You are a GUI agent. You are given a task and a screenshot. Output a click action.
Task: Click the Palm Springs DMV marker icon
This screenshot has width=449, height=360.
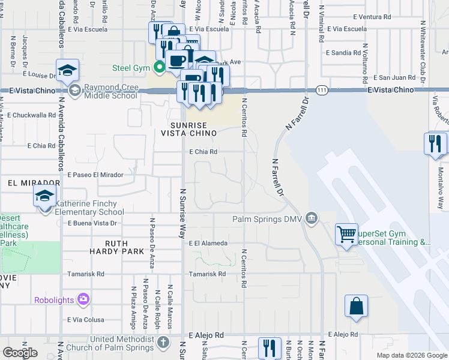311,217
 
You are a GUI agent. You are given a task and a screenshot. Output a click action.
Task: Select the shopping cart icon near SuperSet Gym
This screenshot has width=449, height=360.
347,235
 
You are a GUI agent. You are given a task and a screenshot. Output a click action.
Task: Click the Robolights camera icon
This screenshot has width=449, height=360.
83,298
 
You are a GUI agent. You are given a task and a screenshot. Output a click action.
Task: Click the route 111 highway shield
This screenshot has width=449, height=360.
322,89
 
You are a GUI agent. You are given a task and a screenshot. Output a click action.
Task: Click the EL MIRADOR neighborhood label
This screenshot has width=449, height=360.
34,182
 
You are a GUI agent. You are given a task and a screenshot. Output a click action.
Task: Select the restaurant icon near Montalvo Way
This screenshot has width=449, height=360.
435,143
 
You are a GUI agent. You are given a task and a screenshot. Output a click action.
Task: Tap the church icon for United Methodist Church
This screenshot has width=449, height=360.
164,343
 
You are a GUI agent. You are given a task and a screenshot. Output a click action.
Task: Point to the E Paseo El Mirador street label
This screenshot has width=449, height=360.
95,175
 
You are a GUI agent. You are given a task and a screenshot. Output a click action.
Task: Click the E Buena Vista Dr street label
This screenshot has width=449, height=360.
91,223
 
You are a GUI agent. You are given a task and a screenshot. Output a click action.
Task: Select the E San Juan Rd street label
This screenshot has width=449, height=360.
394,77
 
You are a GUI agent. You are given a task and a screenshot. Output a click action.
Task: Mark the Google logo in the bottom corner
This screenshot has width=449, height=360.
20,353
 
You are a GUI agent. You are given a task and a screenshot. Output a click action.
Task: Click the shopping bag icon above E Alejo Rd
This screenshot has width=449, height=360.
356,305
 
